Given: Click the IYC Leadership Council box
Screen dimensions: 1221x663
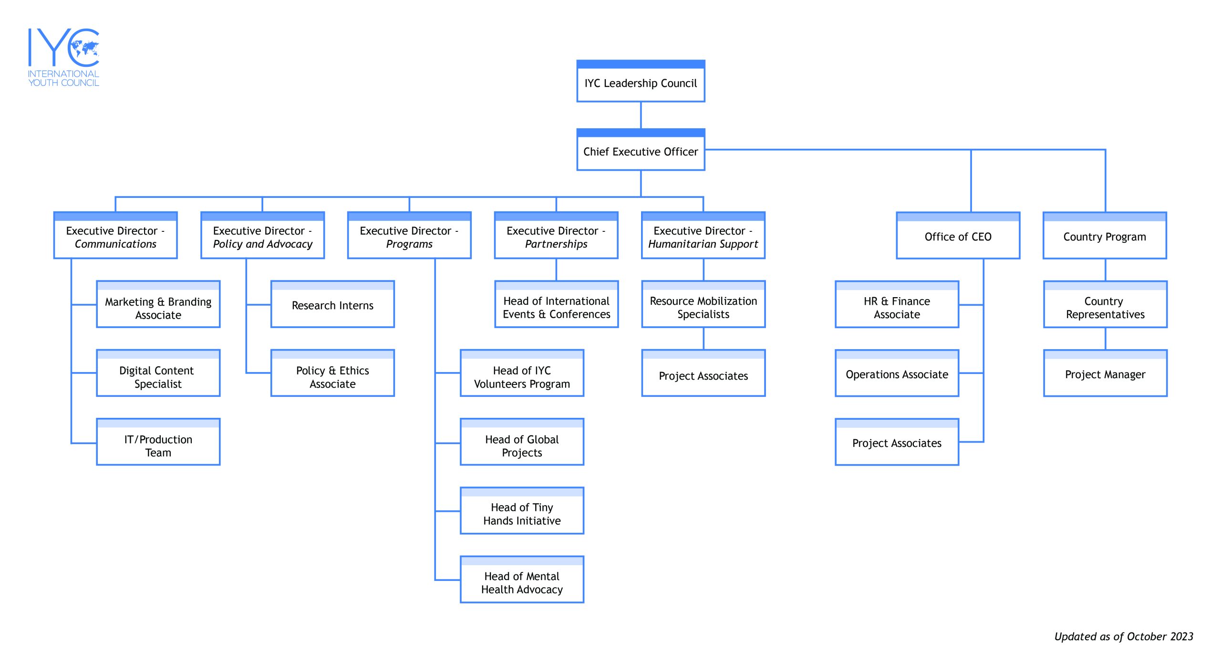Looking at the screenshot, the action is click(641, 81).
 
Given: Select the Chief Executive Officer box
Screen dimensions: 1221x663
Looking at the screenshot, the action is click(641, 149).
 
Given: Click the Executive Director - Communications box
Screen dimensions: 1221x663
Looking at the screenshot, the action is click(115, 235).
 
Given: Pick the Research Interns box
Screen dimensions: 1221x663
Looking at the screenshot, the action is click(332, 304).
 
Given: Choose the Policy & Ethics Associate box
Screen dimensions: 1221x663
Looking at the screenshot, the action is click(332, 373).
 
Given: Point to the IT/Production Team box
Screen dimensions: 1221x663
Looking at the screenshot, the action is click(158, 442).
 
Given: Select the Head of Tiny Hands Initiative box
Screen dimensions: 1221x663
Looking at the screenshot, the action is click(522, 510).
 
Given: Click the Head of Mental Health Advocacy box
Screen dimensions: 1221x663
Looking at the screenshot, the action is click(522, 579).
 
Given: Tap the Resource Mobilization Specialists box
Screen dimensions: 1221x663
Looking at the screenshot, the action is click(704, 304).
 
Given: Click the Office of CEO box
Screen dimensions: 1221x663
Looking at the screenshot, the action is click(958, 235).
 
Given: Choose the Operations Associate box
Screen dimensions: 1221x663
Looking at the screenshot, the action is click(897, 373).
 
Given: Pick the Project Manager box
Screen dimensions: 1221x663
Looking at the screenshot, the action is click(1106, 373).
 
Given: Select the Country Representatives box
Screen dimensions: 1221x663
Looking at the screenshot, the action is click(1106, 304).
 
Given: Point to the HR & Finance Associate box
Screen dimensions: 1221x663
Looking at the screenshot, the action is click(897, 304).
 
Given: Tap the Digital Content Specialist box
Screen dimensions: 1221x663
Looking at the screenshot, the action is click(158, 373).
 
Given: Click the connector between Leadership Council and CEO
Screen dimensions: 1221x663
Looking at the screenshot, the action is click(641, 115).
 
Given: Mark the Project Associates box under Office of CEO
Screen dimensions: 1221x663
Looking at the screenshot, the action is click(897, 442).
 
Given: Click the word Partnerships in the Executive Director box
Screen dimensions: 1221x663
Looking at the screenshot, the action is click(556, 244).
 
